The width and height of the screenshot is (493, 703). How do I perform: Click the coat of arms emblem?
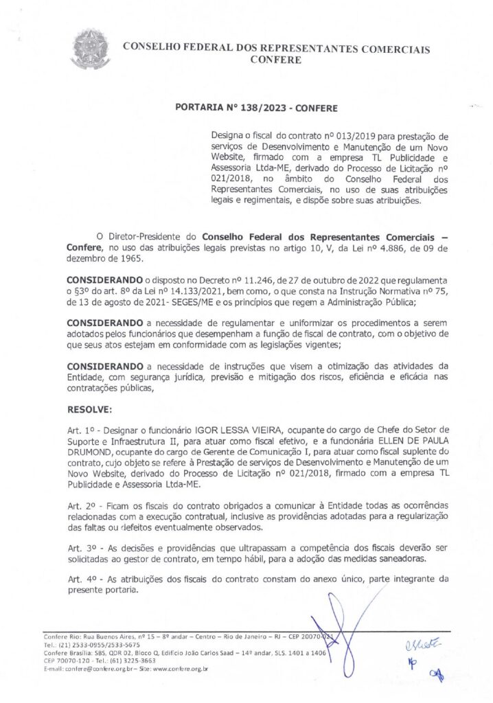[91, 49]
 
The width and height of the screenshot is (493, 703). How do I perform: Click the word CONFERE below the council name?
[276, 60]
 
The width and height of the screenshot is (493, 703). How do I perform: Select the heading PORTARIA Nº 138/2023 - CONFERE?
[256, 108]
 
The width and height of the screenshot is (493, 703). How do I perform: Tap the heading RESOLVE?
[89, 409]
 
